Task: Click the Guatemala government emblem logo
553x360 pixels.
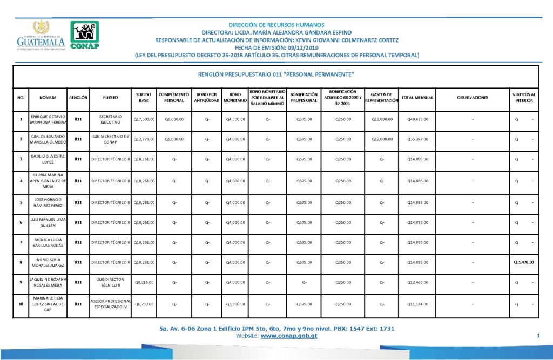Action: [x=41, y=36]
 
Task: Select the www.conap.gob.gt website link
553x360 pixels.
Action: [x=289, y=336]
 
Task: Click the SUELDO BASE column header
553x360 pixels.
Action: [x=144, y=97]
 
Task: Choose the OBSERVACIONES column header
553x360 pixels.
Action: [x=473, y=97]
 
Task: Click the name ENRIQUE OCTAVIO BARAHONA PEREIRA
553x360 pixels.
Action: [x=48, y=119]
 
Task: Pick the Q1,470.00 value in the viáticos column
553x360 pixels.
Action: [x=524, y=262]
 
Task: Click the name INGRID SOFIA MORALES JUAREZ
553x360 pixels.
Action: [x=48, y=262]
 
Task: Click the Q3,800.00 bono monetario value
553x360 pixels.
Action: [x=235, y=304]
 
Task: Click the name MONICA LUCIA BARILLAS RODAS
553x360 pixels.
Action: [x=48, y=242]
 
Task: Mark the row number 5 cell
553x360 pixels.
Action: [x=21, y=202]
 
